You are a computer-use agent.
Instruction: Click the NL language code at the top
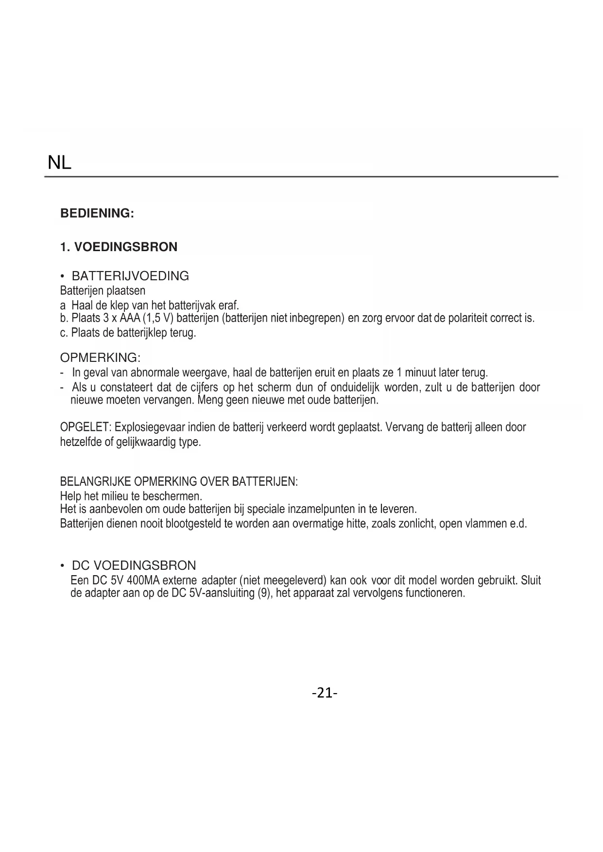(x=59, y=163)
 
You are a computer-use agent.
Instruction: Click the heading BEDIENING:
(x=97, y=213)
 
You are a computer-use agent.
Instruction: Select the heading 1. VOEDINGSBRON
(x=119, y=247)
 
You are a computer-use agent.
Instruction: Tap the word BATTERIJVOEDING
(x=130, y=276)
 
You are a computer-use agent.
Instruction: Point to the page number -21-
(x=325, y=692)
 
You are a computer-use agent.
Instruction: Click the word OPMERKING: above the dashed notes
(x=100, y=358)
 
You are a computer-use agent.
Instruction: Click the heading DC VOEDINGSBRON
(x=134, y=565)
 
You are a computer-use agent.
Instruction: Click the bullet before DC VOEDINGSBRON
(x=63, y=566)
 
